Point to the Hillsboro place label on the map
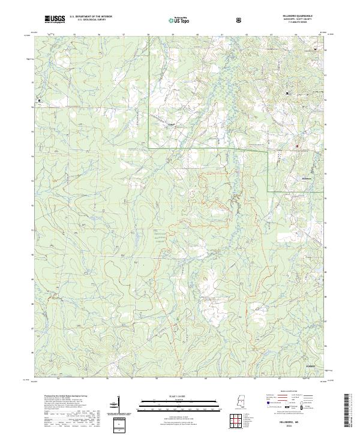(x=308, y=178)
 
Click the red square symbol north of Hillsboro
(x=296, y=144)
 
